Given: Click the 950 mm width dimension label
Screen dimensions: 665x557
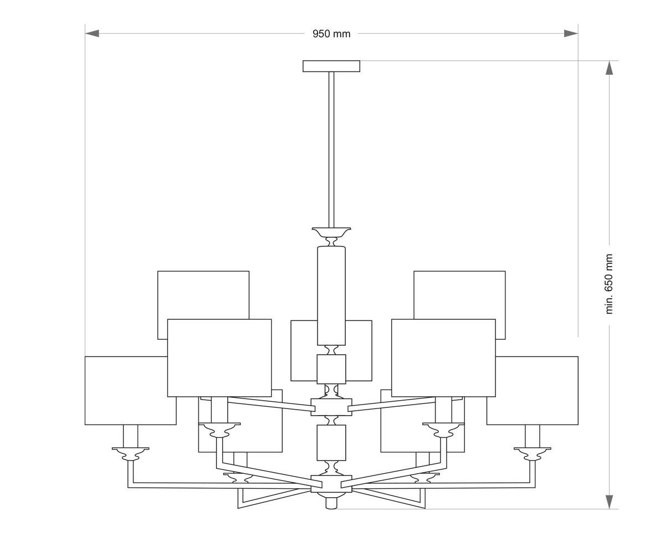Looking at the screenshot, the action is [x=331, y=34].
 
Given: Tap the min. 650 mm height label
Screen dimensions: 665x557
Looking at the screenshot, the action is [x=608, y=284].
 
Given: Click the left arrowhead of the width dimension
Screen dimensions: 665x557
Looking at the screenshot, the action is [x=92, y=33].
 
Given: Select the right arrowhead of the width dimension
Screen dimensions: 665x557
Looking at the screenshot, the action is [x=571, y=33].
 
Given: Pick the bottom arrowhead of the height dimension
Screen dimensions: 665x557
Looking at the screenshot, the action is [x=609, y=502].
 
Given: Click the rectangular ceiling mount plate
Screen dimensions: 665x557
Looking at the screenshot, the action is [x=331, y=67].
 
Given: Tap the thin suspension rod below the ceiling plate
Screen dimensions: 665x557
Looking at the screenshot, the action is [x=331, y=150].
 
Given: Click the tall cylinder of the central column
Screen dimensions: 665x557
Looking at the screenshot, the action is [x=331, y=295].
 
